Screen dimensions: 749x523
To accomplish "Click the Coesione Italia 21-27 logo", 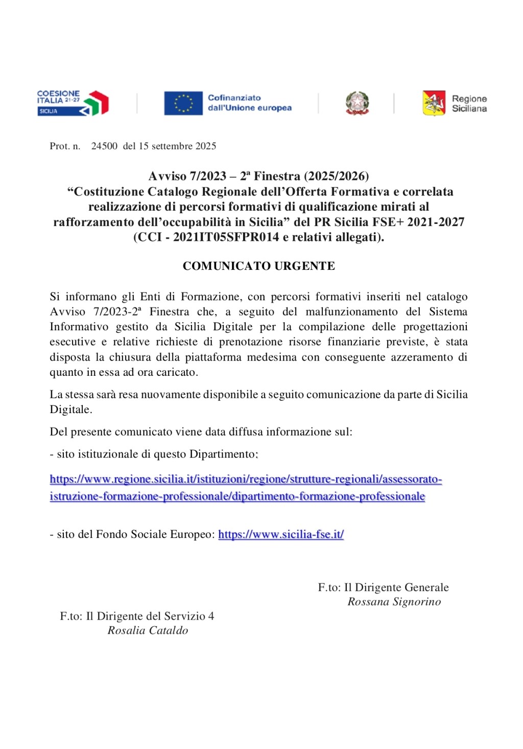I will click(73, 103).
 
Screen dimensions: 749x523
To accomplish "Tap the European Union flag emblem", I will click(183, 103).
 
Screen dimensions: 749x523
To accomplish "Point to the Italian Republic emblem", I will click(357, 103).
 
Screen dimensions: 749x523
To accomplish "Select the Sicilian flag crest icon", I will click(434, 103).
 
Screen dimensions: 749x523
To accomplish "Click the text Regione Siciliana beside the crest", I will click(469, 103).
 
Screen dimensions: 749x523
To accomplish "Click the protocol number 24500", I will click(104, 146).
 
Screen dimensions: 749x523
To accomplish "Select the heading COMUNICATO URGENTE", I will click(258, 266).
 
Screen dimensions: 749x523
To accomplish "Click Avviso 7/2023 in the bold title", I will click(187, 176).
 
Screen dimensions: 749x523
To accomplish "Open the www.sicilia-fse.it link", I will click(281, 534).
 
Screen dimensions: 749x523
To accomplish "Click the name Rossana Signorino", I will click(394, 602).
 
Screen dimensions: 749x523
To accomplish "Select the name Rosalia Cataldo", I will click(148, 630).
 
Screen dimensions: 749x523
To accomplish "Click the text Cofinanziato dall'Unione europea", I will click(249, 103).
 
